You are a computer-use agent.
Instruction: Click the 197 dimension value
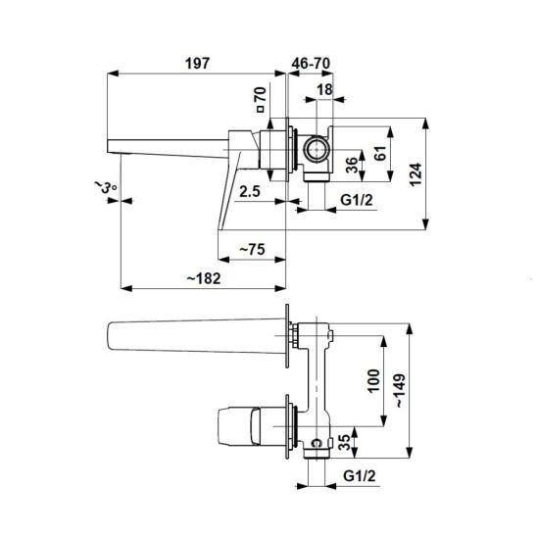(x=197, y=64)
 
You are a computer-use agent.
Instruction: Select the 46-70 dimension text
(x=311, y=64)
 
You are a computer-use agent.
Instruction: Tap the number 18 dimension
(x=324, y=90)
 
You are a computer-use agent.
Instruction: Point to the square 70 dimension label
(x=261, y=99)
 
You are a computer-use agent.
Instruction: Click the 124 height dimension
(x=415, y=174)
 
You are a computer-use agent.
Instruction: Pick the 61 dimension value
(x=380, y=153)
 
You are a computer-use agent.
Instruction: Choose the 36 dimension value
(x=352, y=165)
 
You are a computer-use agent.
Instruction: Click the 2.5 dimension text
(x=250, y=191)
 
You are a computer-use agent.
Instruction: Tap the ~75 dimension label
(x=252, y=249)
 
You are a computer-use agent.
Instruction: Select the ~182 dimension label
(x=204, y=278)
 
